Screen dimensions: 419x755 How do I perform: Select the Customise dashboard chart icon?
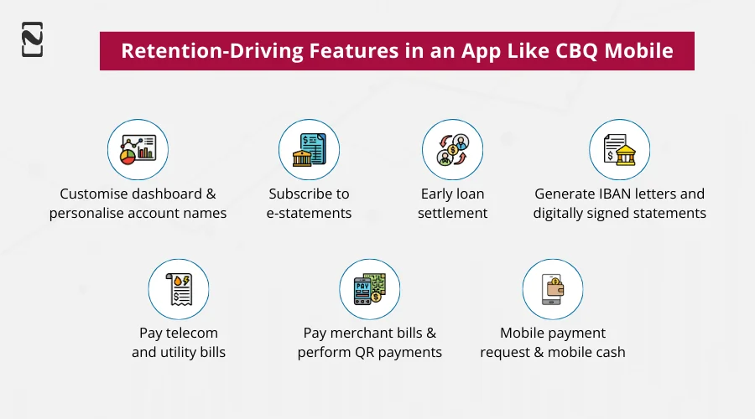tap(138, 149)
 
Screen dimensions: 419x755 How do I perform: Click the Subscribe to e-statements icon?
tap(309, 149)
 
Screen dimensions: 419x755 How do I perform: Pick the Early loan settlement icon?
tap(453, 149)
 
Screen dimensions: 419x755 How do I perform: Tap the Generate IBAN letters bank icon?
tap(619, 149)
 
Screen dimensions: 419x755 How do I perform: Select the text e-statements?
tap(309, 213)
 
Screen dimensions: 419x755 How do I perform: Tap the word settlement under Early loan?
tap(453, 213)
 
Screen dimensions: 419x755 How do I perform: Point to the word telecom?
tap(195, 333)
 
